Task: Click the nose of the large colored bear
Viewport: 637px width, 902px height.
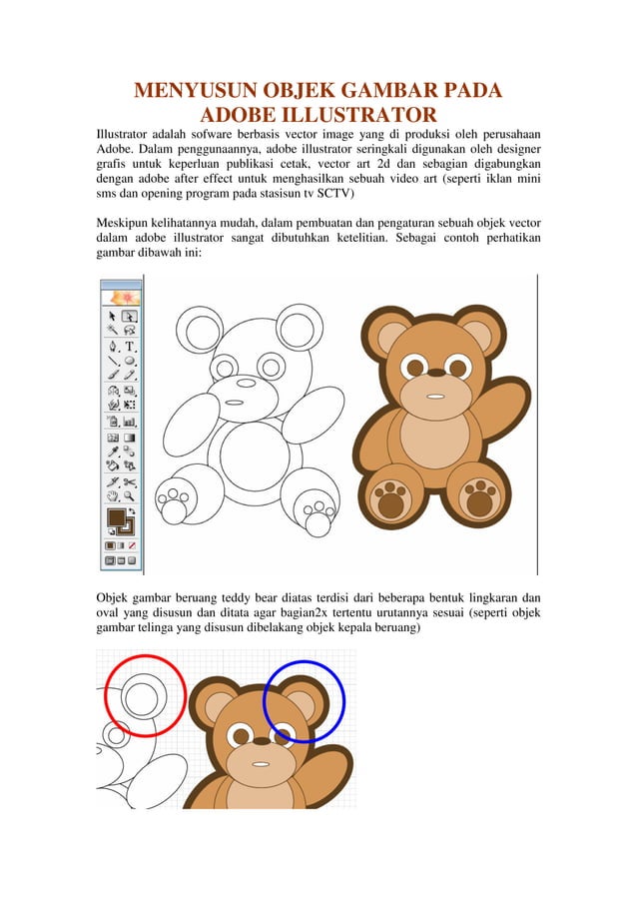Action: (436, 372)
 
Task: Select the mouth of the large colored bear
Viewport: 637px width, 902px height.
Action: (436, 395)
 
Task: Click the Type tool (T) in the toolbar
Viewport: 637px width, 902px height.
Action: (130, 347)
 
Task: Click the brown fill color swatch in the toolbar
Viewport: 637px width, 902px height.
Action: (116, 517)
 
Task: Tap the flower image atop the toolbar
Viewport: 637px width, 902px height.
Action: (121, 297)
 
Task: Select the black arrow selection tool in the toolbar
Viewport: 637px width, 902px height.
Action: (113, 316)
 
